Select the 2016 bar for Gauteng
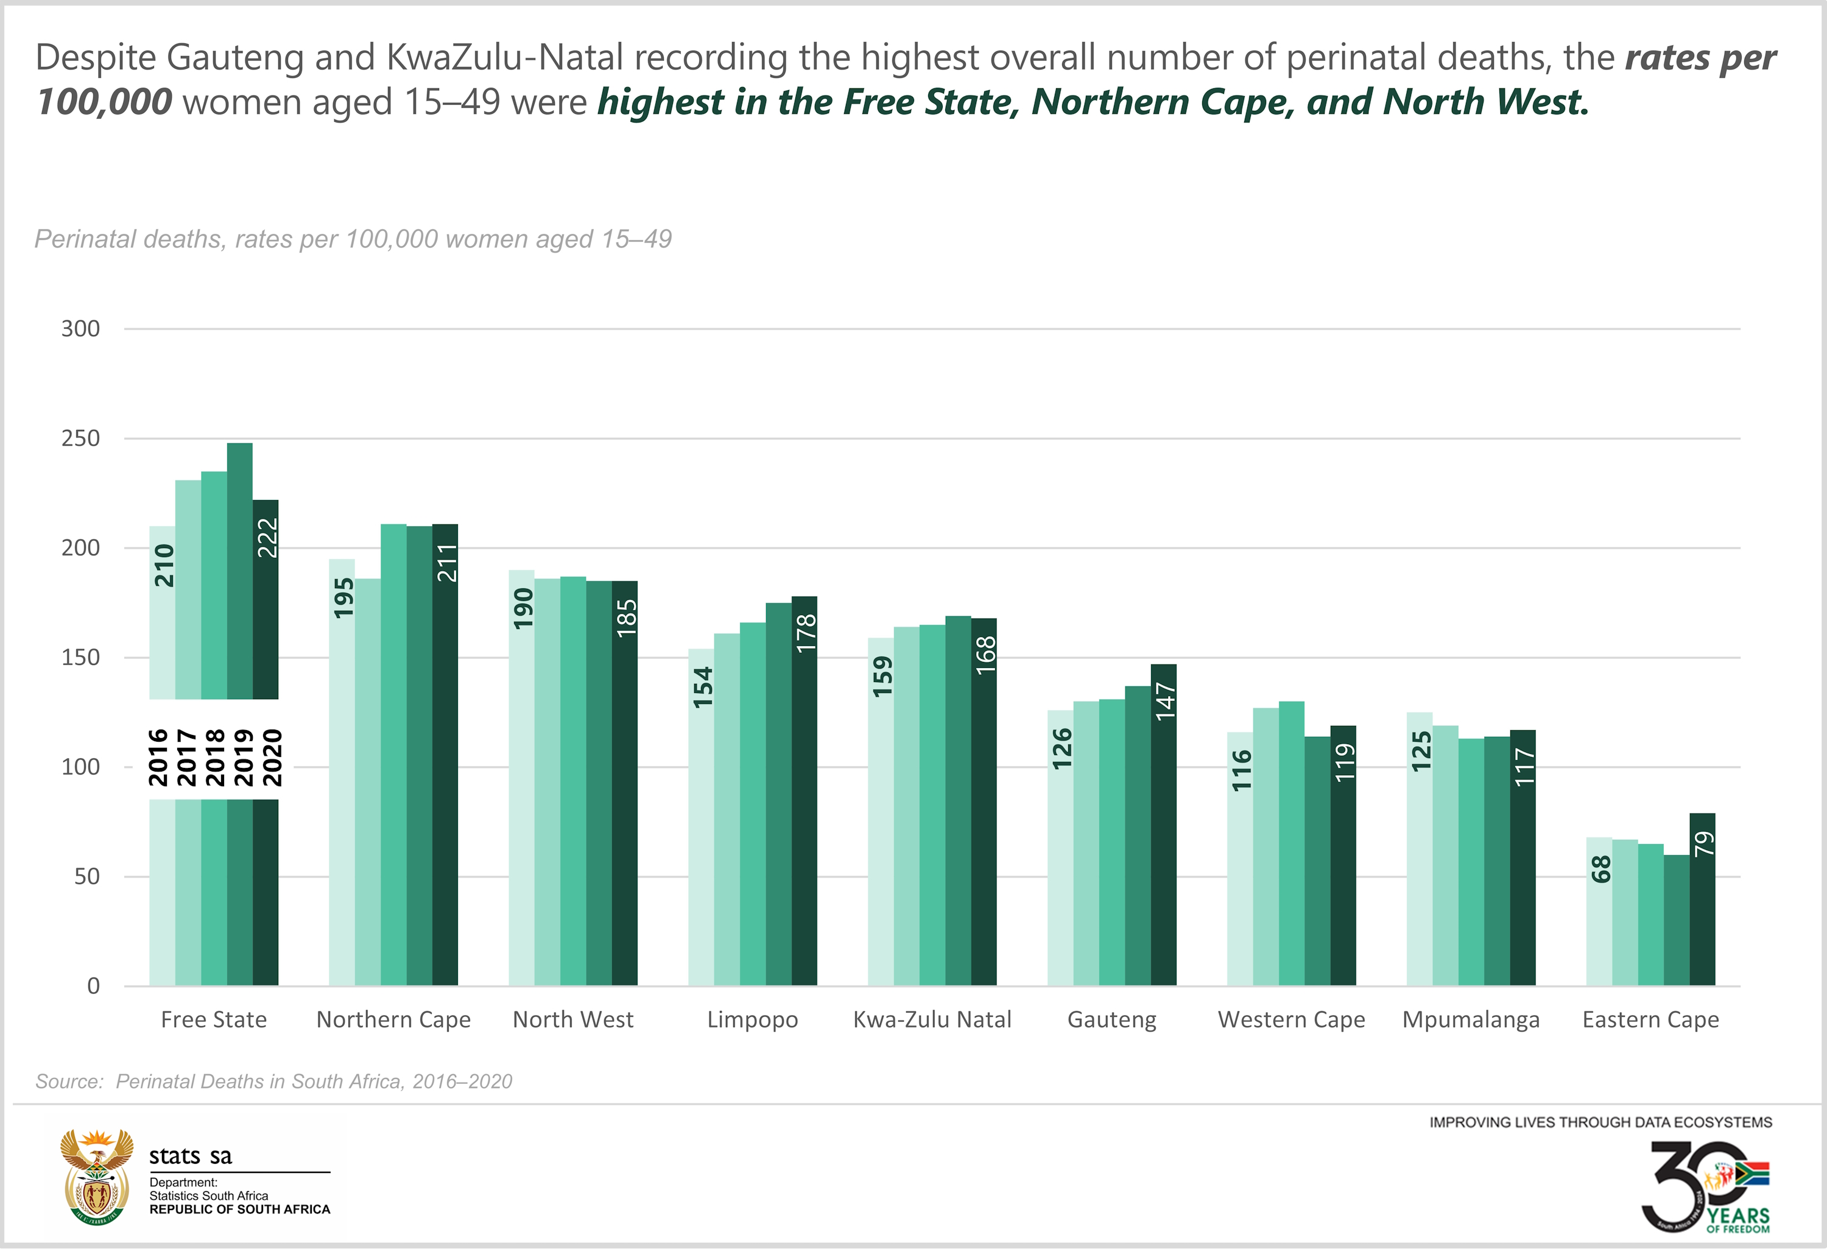point(1060,865)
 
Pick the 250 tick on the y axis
point(81,438)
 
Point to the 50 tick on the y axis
point(86,876)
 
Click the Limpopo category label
point(752,1019)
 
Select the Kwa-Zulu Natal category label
point(932,1019)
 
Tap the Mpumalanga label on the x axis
point(1471,1019)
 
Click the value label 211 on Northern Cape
point(446,563)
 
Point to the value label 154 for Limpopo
point(702,687)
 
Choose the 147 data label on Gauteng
point(1164,701)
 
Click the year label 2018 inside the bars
point(214,757)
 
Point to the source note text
point(273,1082)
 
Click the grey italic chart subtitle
point(353,239)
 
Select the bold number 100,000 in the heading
point(105,102)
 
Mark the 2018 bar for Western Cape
point(1292,849)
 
